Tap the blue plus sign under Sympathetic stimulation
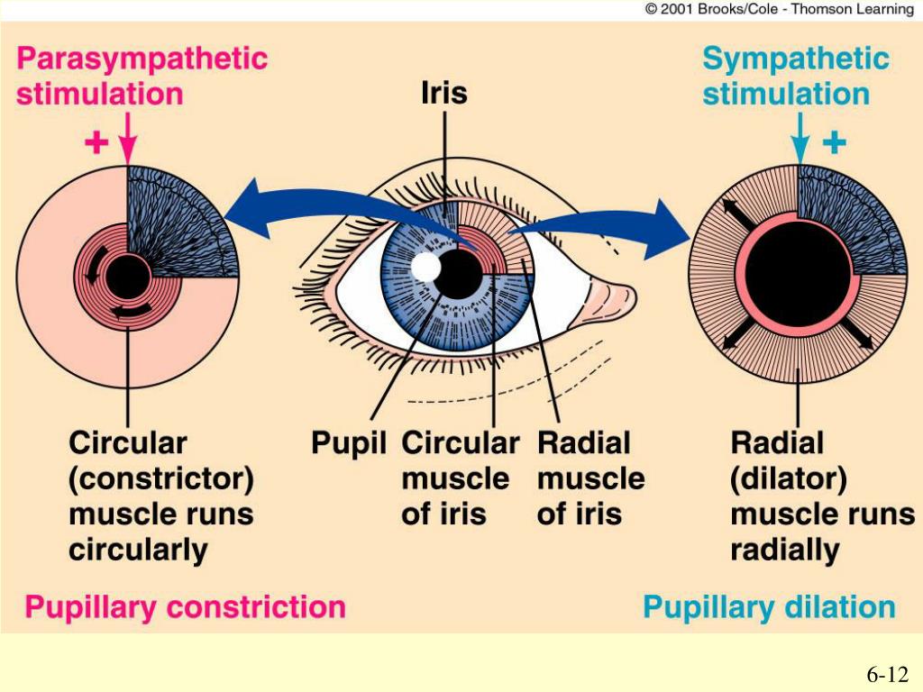[835, 142]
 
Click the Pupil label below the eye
[349, 443]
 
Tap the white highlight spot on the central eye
[425, 268]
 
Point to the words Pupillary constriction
[185, 607]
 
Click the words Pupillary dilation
[769, 607]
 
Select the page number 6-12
[887, 675]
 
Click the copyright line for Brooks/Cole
[779, 9]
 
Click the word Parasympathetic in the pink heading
[142, 59]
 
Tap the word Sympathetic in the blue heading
[796, 59]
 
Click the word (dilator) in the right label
[788, 478]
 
